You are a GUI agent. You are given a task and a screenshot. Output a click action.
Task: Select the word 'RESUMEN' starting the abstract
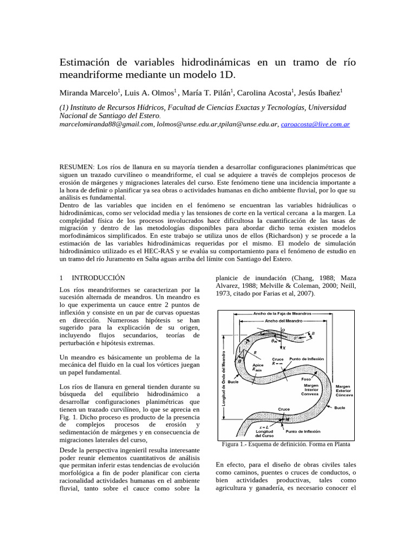[x=76, y=167]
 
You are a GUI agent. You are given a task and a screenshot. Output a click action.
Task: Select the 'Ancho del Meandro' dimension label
[x=283, y=320]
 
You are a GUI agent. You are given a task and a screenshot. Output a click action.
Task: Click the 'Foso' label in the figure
[x=307, y=379]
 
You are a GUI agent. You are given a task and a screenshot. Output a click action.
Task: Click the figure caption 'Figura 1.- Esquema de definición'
[x=286, y=444]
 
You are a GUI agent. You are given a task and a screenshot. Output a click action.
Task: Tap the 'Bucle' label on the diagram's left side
[x=234, y=382]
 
